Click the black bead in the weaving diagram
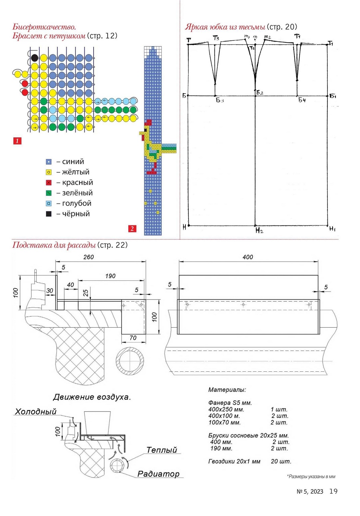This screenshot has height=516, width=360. coord(34,58)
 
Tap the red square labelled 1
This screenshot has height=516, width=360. coord(17,141)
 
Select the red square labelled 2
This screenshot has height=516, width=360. coord(132,229)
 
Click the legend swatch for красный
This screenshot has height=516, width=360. coord(49,183)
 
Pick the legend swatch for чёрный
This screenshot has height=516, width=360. coord(49,214)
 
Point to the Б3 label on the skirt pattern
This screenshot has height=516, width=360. coord(220,100)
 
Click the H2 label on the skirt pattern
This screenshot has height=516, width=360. coord(259,230)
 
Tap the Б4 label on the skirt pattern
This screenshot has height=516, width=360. coord(302,100)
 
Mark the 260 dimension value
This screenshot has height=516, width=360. coord(88,257)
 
